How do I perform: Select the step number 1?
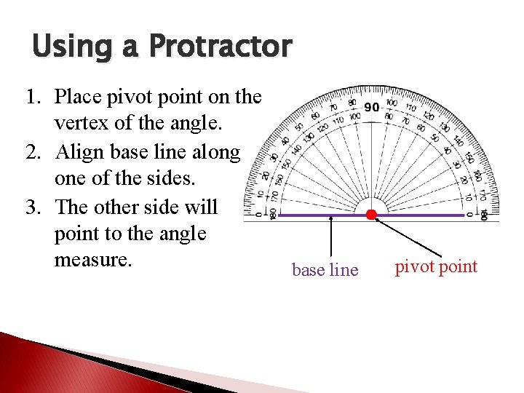[x=33, y=97]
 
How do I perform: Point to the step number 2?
[x=33, y=152]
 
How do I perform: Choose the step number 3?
[x=33, y=207]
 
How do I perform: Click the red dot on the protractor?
[x=371, y=215]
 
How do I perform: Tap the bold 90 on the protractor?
[x=372, y=108]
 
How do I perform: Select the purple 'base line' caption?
[x=325, y=270]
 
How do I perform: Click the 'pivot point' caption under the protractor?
[x=436, y=267]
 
